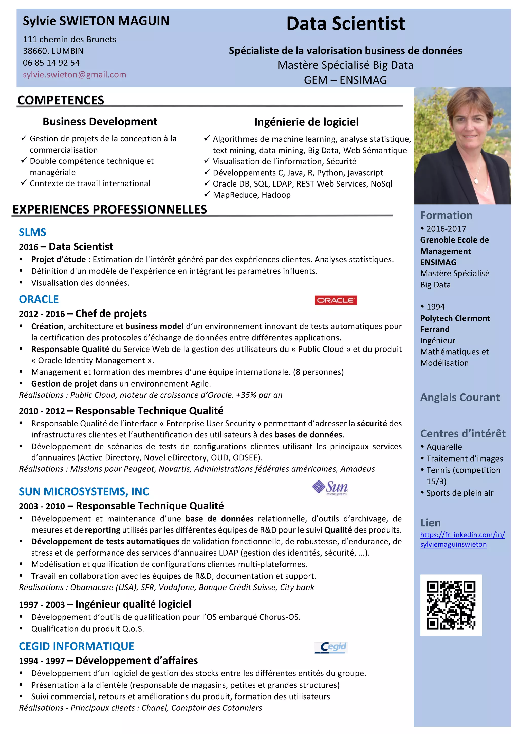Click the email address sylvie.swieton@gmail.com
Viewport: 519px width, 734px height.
(75, 75)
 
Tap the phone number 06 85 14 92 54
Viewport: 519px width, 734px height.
(51, 63)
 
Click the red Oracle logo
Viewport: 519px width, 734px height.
(336, 300)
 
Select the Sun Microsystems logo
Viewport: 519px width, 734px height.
(330, 488)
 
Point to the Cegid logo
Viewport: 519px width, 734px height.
(331, 647)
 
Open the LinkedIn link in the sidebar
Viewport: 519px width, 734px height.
(462, 539)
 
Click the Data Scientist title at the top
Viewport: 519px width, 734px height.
(345, 24)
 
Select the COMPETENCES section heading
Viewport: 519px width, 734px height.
(61, 100)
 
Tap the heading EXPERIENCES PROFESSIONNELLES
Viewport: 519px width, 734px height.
(110, 209)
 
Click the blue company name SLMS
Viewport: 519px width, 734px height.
(32, 232)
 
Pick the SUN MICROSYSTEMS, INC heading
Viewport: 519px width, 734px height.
(84, 491)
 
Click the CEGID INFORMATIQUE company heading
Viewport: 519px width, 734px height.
(76, 646)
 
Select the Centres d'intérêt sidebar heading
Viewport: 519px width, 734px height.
(463, 433)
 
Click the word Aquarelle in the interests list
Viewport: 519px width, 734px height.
(444, 447)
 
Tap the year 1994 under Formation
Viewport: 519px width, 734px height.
(435, 307)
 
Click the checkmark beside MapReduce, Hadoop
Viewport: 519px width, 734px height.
(207, 194)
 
